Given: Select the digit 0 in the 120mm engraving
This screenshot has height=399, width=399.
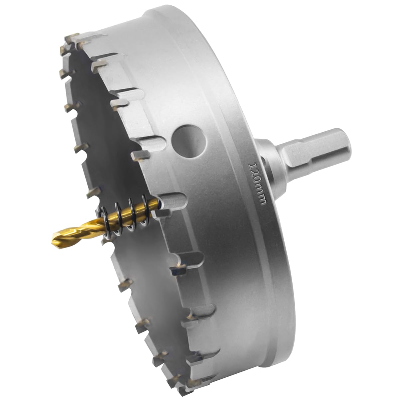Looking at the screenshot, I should (x=256, y=181).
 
